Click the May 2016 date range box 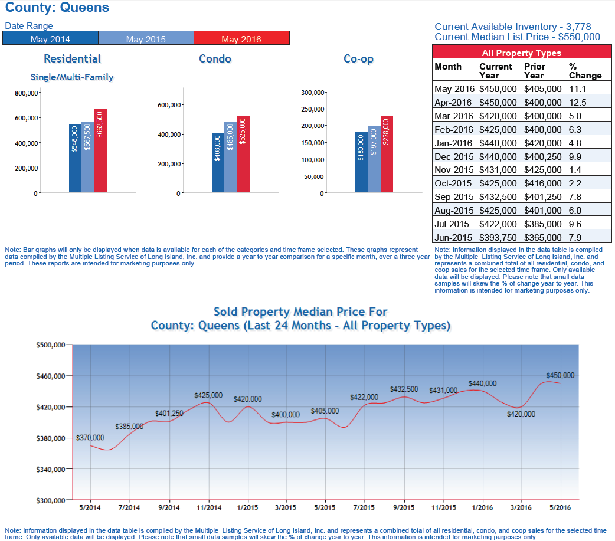point(241,38)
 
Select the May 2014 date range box point(50,38)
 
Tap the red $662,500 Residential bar point(100,150)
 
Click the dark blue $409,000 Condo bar point(218,162)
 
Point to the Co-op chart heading point(358,59)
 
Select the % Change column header point(585,71)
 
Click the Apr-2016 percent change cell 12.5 point(578,102)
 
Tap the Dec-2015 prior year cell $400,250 point(544,156)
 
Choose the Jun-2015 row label point(454,238)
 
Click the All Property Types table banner point(522,53)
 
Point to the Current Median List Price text point(517,37)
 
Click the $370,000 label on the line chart point(90,438)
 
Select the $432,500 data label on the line point(404,389)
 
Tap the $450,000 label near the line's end point(560,375)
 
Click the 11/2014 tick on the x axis point(208,507)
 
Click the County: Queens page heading point(57,8)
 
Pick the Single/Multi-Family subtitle point(72,77)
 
